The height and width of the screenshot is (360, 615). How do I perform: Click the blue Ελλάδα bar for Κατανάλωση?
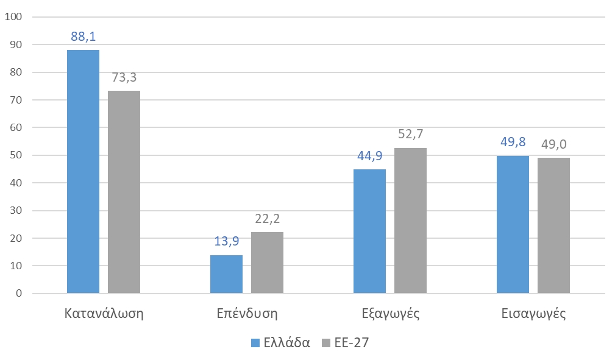coord(83,172)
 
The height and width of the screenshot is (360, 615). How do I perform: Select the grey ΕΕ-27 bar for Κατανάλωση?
coord(124,192)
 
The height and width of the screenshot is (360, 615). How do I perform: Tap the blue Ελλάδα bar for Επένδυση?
coord(226,274)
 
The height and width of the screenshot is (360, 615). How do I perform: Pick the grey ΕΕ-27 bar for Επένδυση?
coord(267,263)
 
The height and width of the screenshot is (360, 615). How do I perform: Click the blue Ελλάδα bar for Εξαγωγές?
coord(369,231)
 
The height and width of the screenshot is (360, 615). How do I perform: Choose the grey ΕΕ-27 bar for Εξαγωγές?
coord(410,221)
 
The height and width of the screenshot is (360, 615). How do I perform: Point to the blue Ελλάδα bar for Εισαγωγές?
coord(513,225)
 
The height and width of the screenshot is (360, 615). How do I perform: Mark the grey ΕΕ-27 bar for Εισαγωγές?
coord(553,225)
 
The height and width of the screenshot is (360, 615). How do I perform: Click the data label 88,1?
coord(84,37)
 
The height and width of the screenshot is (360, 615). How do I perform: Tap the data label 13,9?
coord(226,242)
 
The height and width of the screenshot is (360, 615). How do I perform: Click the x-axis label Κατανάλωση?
coord(104,314)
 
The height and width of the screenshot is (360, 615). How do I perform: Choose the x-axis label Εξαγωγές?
coord(389,314)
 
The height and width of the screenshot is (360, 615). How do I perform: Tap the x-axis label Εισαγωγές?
coord(533,314)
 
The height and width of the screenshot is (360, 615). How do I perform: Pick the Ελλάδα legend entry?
coord(280,343)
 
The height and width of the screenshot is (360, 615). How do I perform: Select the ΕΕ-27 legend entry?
coord(346,343)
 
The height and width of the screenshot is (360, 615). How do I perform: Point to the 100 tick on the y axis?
coord(13,17)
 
